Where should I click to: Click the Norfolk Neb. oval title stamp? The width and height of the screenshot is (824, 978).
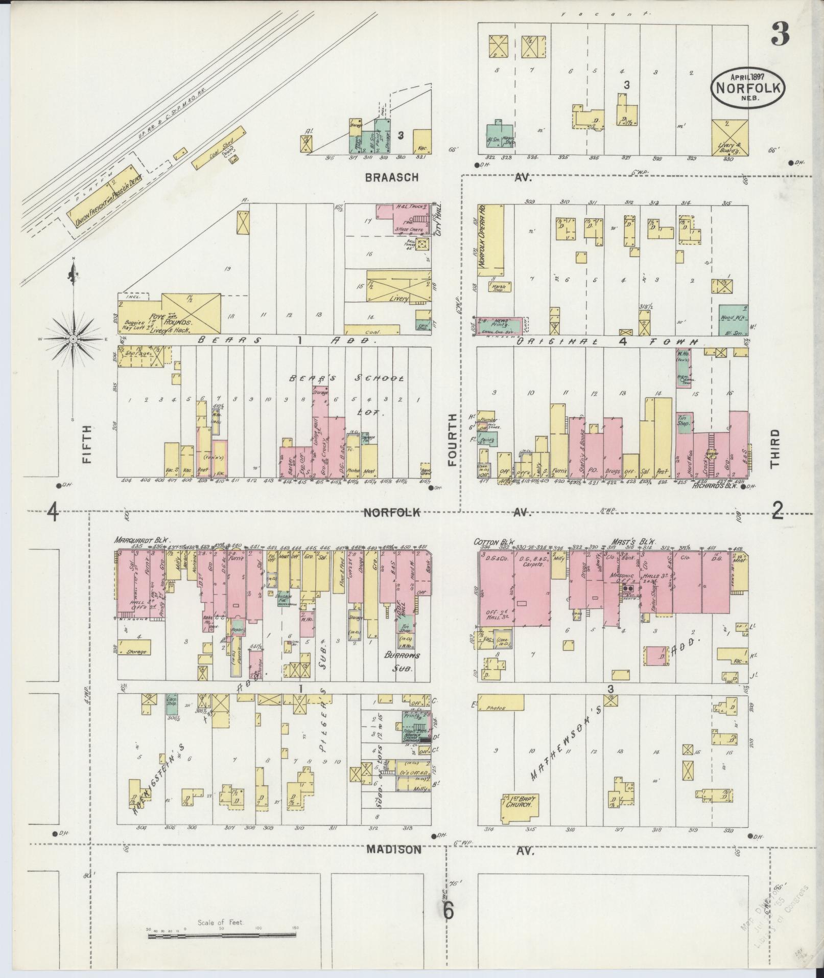748,88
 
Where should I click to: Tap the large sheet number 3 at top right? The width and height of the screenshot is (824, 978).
780,34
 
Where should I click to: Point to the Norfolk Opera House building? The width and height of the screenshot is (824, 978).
490,237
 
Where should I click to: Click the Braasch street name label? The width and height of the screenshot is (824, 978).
392,177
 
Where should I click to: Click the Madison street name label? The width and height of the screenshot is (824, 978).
394,849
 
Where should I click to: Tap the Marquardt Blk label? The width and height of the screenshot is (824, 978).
143,539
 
